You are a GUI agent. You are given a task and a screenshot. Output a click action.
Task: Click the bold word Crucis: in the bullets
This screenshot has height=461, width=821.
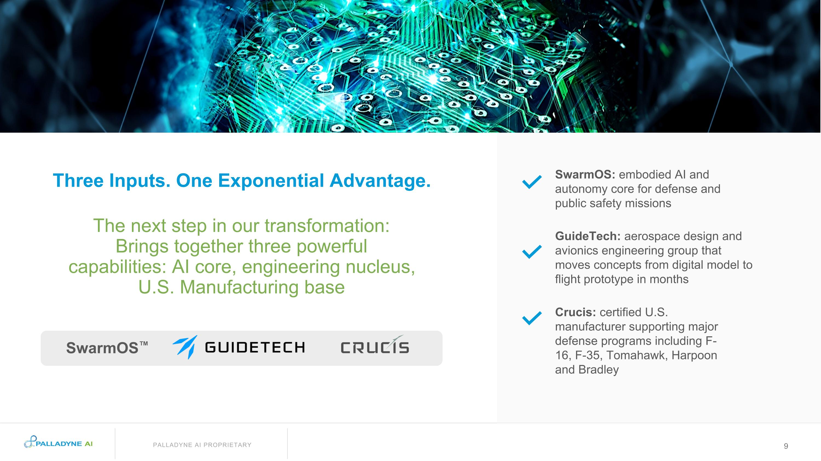tap(575, 312)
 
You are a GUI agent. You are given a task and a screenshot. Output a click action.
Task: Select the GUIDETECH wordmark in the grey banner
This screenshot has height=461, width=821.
tap(255, 347)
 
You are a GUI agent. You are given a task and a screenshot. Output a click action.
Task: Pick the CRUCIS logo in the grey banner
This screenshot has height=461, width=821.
tap(375, 347)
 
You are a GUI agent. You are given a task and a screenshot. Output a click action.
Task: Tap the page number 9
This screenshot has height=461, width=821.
tap(786, 446)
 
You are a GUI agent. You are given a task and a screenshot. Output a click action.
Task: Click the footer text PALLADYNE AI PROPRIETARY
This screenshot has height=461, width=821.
tap(202, 445)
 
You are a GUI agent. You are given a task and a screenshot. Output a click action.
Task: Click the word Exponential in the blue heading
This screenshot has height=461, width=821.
tap(271, 181)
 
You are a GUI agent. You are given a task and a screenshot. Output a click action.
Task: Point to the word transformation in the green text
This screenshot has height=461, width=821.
tap(327, 226)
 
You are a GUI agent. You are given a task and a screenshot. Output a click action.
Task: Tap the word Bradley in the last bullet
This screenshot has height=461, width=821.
tap(598, 370)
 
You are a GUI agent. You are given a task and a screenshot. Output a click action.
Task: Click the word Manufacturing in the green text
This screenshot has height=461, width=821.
tap(239, 287)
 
